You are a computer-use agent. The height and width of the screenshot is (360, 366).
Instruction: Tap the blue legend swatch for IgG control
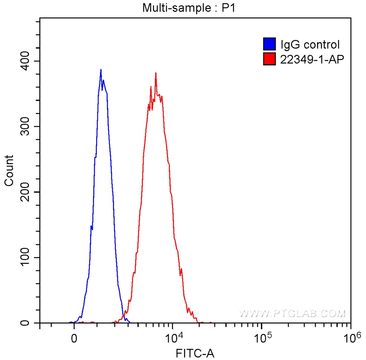pyautogui.click(x=269, y=45)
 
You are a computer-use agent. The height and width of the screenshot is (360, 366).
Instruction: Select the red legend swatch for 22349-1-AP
pyautogui.click(x=269, y=59)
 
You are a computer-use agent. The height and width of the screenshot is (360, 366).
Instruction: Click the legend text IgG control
pyautogui.click(x=310, y=45)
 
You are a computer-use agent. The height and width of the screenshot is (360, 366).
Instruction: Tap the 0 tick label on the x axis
pyautogui.click(x=74, y=338)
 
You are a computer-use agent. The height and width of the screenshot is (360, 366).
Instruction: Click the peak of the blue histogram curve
pyautogui.click(x=101, y=70)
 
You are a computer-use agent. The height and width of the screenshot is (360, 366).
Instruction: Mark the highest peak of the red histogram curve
pyautogui.click(x=156, y=73)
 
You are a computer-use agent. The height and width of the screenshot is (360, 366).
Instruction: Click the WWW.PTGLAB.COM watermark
pyautogui.click(x=292, y=314)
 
